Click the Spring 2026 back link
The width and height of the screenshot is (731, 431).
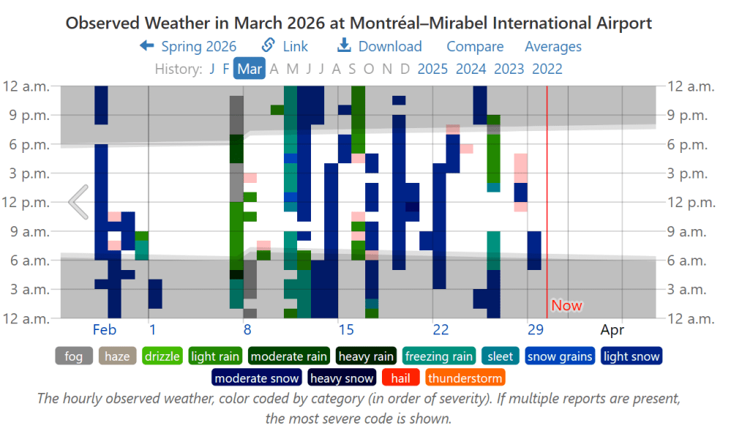tap(188, 46)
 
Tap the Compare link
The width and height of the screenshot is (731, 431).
tap(475, 46)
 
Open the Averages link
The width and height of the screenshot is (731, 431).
tap(552, 46)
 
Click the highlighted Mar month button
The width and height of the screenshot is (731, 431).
tap(250, 69)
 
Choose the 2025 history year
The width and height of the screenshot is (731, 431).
tap(432, 69)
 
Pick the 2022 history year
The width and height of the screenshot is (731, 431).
tap(547, 69)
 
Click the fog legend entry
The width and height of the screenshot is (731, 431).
tap(74, 356)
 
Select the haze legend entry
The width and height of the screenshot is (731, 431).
tap(116, 356)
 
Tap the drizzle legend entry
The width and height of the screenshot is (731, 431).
tap(162, 356)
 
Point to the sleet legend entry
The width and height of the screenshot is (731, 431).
tap(501, 356)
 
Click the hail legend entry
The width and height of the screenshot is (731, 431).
tap(400, 378)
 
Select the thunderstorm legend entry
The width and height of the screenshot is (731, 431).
tap(465, 378)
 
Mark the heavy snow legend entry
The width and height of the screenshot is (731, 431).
tap(342, 378)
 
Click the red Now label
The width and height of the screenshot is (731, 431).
tap(566, 305)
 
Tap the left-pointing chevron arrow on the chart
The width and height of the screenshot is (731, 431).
tap(78, 202)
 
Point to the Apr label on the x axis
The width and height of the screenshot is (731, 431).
tap(612, 329)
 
